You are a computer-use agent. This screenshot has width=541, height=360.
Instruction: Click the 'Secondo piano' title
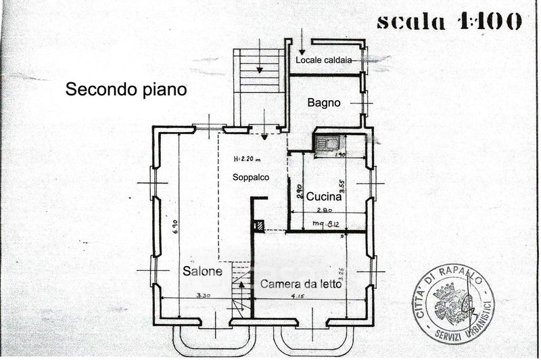[x=126, y=89]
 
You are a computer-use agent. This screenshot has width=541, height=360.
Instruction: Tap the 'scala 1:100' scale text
[x=449, y=20]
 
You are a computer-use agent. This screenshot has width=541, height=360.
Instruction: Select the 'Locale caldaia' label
[x=327, y=61]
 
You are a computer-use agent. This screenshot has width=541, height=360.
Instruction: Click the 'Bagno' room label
[x=324, y=103]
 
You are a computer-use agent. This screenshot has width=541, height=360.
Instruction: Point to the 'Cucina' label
[x=328, y=198]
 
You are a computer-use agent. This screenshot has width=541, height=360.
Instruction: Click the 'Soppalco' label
[x=251, y=177]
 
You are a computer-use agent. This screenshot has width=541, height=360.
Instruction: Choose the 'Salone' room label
[x=202, y=271]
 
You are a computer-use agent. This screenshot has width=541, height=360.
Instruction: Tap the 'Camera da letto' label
[x=300, y=284]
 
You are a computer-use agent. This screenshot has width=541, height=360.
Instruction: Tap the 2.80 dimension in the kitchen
[x=327, y=210]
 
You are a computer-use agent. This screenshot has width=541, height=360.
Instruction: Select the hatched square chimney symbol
[x=258, y=225]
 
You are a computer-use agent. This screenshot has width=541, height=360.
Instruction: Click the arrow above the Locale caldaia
[x=301, y=43]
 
